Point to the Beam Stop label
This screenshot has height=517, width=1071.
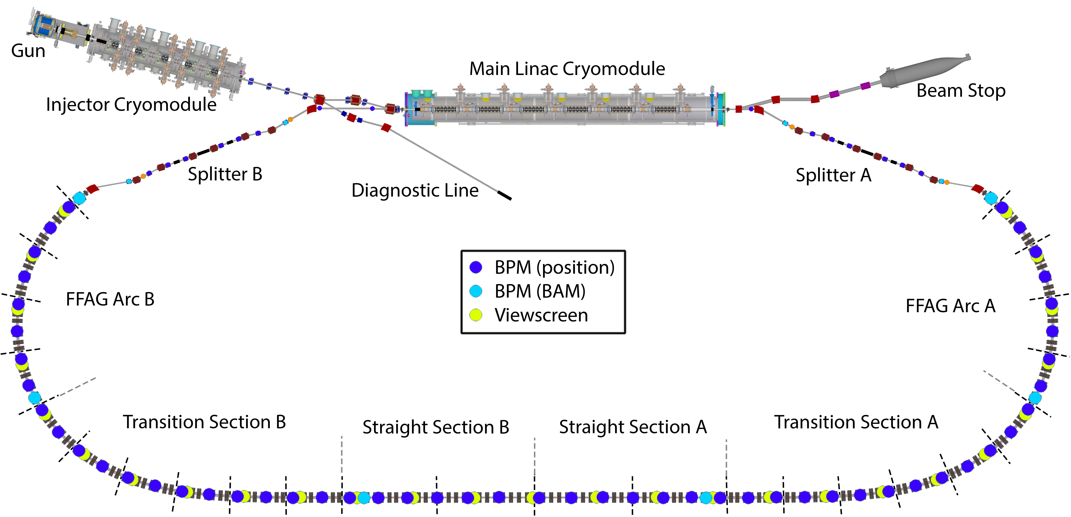pos(961,90)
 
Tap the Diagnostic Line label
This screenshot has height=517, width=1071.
pos(415,191)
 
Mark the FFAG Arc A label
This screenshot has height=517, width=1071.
pos(950,306)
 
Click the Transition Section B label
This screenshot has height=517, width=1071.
pos(204,422)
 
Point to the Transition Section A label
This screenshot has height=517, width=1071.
pos(856,422)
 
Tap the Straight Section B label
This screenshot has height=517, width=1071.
pos(436,427)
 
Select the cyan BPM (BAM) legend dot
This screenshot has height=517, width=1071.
pos(476,291)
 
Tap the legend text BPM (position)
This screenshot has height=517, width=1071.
pos(554,267)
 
